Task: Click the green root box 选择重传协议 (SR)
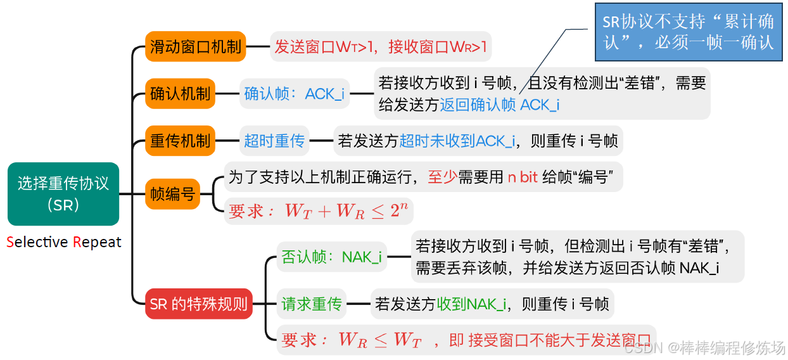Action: (63, 194)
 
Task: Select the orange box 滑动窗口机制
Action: (195, 46)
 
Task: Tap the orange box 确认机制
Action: (181, 94)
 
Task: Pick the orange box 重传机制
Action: (181, 141)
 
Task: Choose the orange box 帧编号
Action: (173, 194)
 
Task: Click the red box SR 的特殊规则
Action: (198, 304)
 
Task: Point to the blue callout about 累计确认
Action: (688, 32)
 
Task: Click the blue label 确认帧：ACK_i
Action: (295, 94)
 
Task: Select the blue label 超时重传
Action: (274, 141)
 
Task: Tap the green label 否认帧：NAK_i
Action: (331, 257)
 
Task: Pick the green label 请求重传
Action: (311, 304)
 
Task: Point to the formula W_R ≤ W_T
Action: (379, 340)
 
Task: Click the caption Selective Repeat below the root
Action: (63, 242)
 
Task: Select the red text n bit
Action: (523, 177)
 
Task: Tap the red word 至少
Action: (442, 177)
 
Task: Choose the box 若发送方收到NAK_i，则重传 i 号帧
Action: (492, 304)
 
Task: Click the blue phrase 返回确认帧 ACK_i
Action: (499, 105)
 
